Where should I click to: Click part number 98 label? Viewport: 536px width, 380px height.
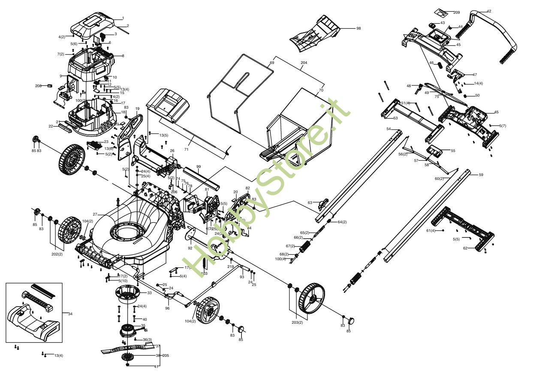pos(358,28)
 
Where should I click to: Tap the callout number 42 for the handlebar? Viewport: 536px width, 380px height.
pos(489,11)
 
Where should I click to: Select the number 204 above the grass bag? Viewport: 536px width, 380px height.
pos(304,63)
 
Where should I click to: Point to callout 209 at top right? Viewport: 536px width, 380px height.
pos(456,12)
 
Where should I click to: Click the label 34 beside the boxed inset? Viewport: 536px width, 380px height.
pos(70,314)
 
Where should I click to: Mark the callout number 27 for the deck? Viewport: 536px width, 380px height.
pos(95,214)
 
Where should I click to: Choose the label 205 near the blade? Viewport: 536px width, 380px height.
pos(166,355)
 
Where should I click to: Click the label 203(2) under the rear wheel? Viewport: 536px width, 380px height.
pos(297,322)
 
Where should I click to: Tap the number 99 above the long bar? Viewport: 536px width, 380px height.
pos(199,167)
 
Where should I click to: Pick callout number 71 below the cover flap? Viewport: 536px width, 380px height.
pos(186,149)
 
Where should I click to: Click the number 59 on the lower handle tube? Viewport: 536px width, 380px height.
pos(481,175)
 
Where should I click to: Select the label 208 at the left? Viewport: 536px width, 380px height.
pos(38,86)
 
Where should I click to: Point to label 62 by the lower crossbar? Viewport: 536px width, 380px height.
pos(465,248)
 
